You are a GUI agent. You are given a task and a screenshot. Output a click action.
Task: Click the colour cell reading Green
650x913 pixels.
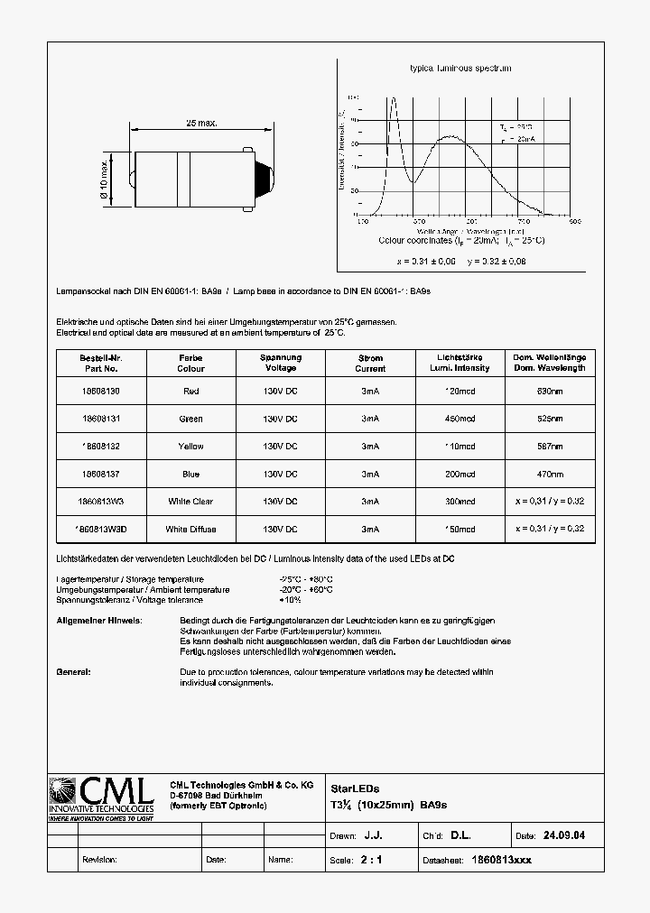point(190,419)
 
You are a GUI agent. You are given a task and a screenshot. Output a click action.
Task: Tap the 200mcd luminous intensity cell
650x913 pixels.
point(460,474)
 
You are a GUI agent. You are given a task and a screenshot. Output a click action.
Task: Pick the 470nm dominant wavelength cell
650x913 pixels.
point(550,474)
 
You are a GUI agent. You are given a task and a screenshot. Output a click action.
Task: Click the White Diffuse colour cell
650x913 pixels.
point(190,529)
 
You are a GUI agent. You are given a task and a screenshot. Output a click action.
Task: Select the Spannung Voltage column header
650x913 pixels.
point(280,363)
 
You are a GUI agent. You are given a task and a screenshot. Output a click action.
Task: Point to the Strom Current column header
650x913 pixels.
point(370,363)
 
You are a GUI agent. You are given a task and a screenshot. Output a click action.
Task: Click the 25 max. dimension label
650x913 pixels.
point(201,122)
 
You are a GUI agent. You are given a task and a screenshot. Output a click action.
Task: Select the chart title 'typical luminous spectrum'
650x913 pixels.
point(460,69)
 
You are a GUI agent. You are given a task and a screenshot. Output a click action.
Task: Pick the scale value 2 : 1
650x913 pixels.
point(371,860)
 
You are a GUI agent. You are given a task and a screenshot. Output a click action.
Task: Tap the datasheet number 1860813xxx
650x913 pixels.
point(503,860)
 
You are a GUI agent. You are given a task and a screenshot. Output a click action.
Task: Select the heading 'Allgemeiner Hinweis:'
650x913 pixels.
point(99,622)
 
